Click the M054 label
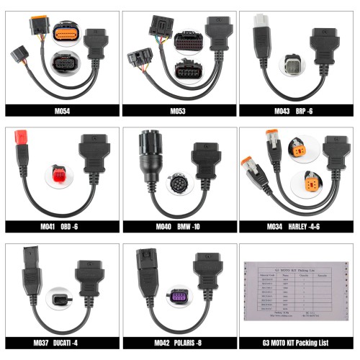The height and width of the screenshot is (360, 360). pos(60,112)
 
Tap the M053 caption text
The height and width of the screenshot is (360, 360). pos(178,112)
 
